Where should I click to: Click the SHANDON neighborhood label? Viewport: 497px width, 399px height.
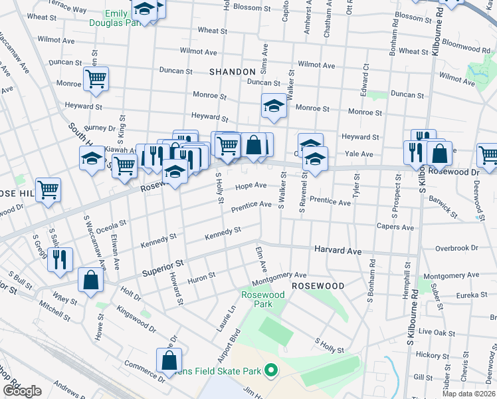coord(232,71)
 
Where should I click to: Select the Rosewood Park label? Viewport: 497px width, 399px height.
coord(263,299)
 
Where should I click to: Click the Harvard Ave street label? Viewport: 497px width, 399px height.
coord(337,251)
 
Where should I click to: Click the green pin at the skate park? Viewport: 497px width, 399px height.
coord(270,370)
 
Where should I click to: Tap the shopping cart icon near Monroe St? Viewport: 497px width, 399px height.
coord(96,79)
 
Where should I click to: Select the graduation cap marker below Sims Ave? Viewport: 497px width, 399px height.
coord(273,106)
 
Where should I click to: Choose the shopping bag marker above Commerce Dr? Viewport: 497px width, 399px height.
coord(169,360)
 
